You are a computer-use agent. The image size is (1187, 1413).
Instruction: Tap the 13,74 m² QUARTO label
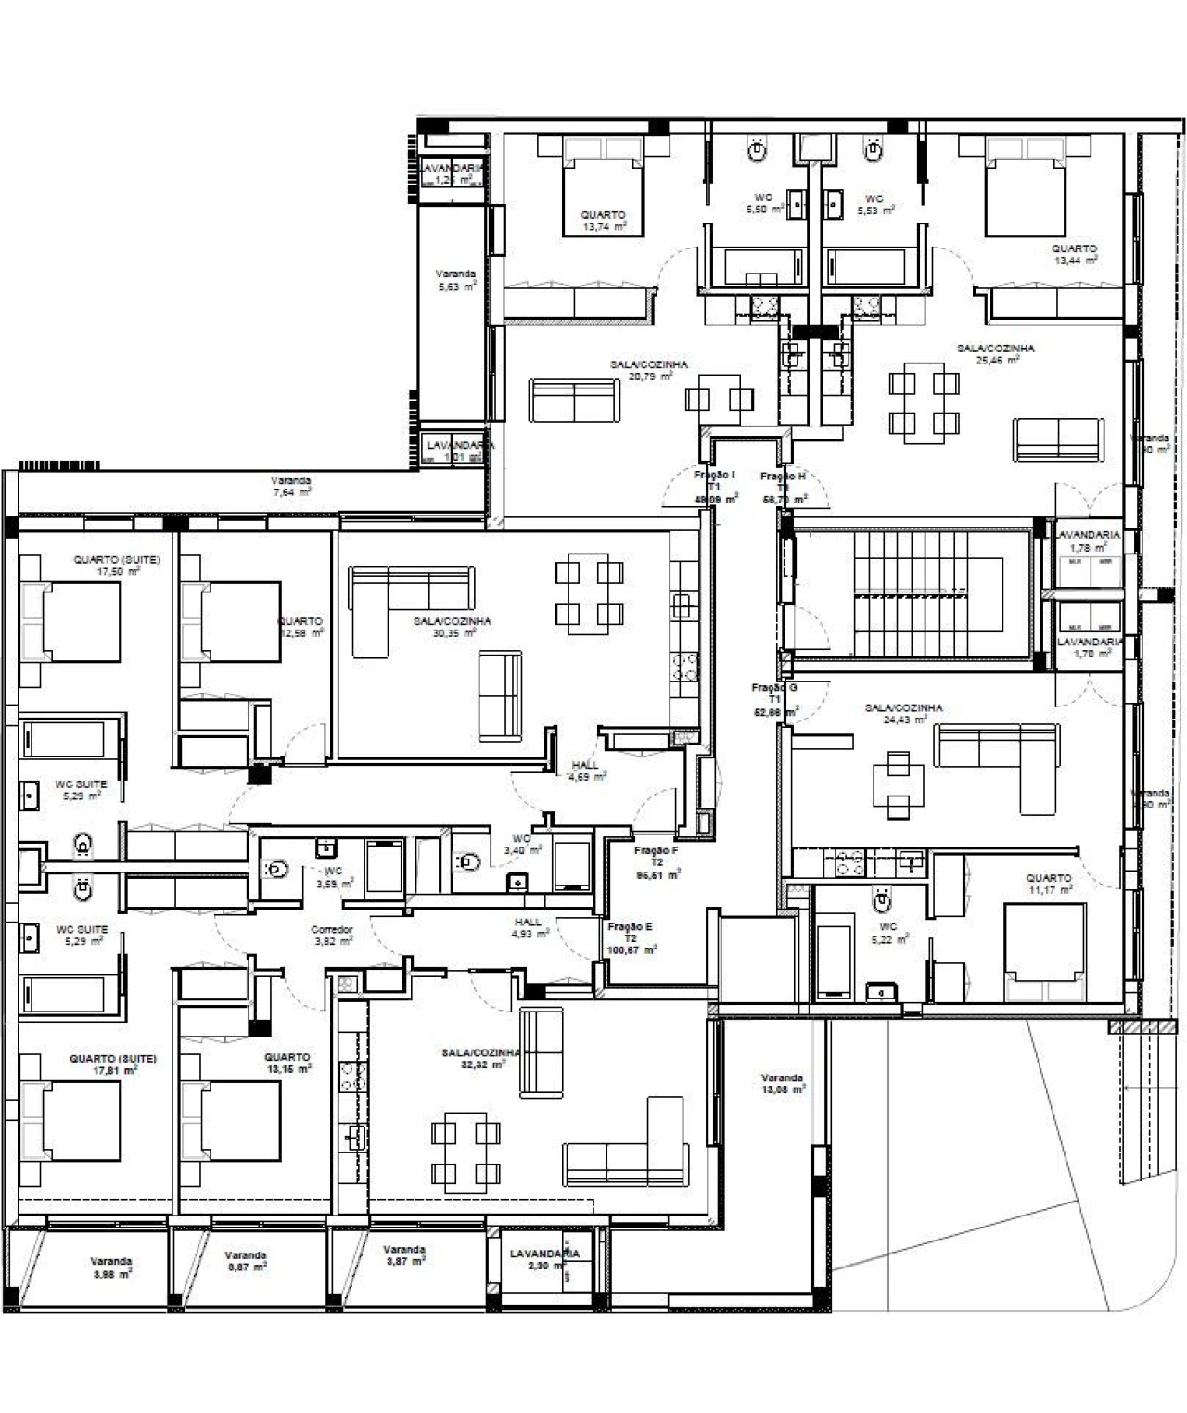point(603,221)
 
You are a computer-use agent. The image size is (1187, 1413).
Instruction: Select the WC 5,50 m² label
point(765,204)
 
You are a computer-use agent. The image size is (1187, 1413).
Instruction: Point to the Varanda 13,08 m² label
point(782,1083)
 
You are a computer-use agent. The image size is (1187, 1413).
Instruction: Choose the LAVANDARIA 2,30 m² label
point(544,1259)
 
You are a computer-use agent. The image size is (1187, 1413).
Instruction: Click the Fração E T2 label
point(631,938)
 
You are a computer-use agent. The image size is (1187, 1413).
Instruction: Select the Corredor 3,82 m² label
point(331,935)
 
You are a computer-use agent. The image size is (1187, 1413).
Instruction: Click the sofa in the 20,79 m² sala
point(573,400)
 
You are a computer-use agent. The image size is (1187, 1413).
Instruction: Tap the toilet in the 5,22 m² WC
point(882,897)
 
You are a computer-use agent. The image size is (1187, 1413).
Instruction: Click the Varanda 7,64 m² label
point(291,486)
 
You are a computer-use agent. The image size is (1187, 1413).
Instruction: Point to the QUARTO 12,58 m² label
point(300,627)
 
